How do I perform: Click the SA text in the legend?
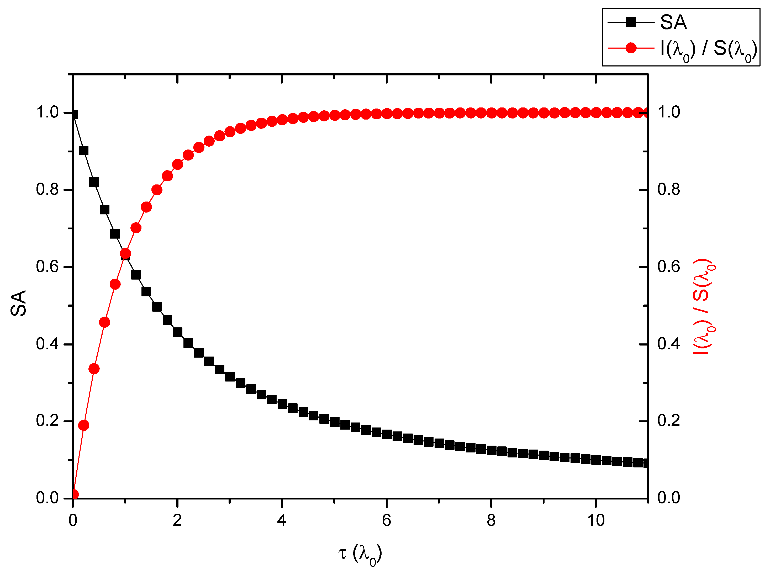[x=673, y=23]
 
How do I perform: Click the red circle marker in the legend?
[x=631, y=48]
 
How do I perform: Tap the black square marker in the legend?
[x=631, y=23]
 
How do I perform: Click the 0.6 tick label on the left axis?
[x=48, y=267]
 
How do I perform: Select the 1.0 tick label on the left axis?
[x=48, y=112]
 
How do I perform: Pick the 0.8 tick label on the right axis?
[x=668, y=190]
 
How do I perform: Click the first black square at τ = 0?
[x=73, y=115]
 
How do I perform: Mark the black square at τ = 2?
[x=177, y=332]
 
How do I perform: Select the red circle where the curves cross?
[x=125, y=254]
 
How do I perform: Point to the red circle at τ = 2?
[x=177, y=164]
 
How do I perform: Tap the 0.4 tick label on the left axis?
[x=48, y=344]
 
